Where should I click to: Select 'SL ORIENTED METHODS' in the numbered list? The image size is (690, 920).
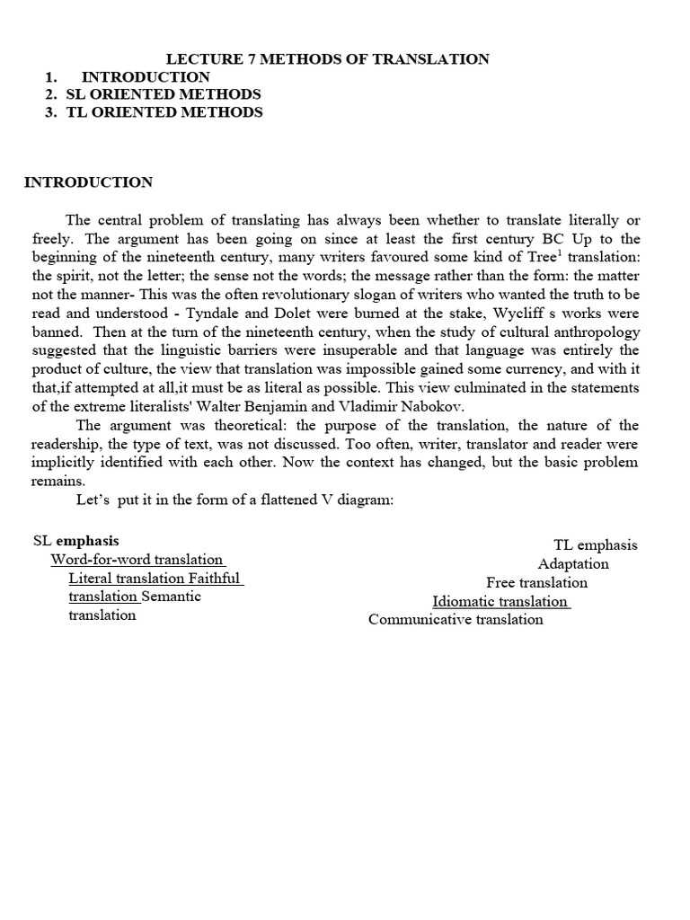(164, 94)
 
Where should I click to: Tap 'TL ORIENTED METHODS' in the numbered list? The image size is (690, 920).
(164, 112)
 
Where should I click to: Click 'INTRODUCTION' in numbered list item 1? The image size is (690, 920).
(146, 77)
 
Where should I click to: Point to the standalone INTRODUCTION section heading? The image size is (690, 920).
(88, 182)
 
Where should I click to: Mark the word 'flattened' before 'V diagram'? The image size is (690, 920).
(249, 500)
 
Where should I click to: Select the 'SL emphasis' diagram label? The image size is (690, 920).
(76, 541)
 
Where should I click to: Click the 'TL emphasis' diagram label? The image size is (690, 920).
(595, 545)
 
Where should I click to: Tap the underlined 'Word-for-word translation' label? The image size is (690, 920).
(137, 560)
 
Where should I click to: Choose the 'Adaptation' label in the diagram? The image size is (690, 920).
(573, 564)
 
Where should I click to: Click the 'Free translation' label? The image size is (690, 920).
(536, 583)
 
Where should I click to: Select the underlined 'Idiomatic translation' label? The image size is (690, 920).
(500, 602)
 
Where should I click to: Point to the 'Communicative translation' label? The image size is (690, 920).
(456, 620)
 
